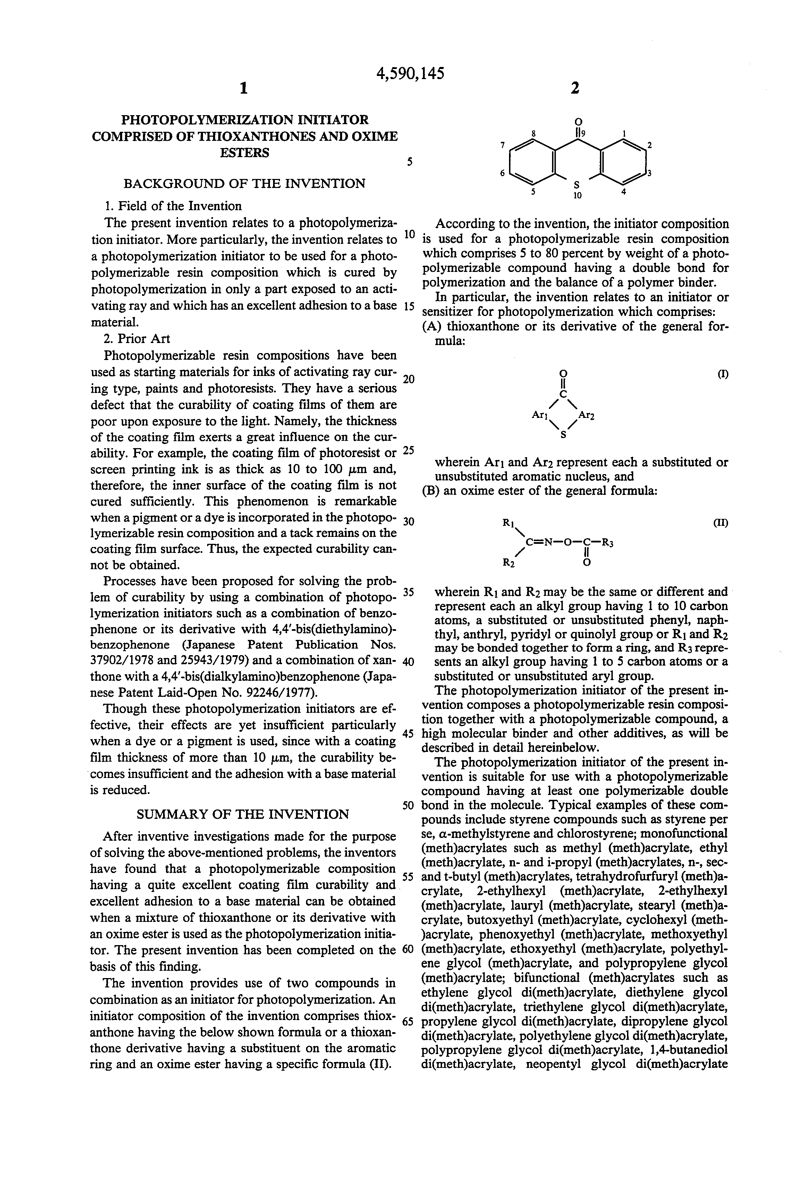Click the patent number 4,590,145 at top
coord(410,74)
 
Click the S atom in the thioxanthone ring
coord(577,185)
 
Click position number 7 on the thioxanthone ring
coord(503,145)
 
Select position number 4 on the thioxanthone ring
coord(624,192)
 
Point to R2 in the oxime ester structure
coord(508,563)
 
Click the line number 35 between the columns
coord(409,592)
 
